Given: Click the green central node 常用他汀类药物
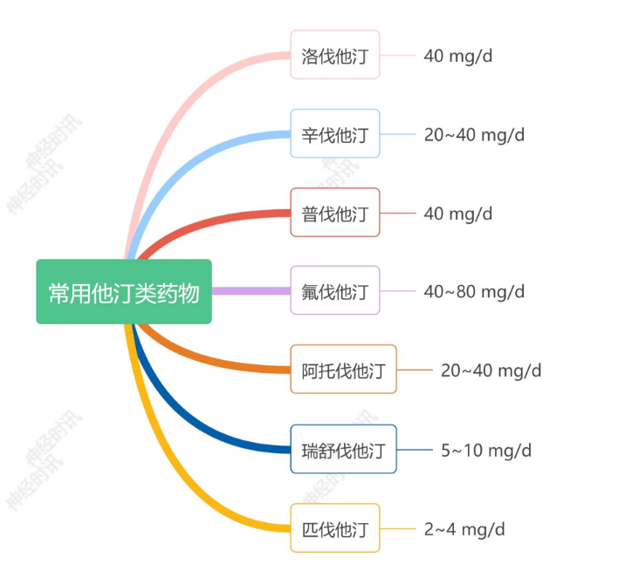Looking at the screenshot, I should tap(124, 292).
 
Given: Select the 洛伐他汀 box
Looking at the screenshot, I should tap(335, 56).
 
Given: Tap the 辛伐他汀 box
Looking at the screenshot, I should tap(335, 134).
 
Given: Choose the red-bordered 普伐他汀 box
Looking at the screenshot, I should tap(335, 213).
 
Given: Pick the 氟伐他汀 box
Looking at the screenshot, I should tap(335, 290).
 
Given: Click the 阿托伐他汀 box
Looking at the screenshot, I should tap(343, 370).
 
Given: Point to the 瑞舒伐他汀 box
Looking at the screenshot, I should tap(343, 450).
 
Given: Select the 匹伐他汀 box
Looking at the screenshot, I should tap(335, 528).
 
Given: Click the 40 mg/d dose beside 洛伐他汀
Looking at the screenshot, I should tap(458, 56).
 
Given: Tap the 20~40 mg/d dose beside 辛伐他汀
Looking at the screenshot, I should tap(474, 134).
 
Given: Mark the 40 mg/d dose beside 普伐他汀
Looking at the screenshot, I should tap(458, 213).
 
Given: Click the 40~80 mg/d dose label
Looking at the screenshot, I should tap(474, 290).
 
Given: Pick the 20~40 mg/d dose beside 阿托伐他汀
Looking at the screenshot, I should tap(491, 370).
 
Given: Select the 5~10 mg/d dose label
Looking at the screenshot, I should tap(485, 450).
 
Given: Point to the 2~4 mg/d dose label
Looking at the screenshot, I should tap(464, 528).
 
